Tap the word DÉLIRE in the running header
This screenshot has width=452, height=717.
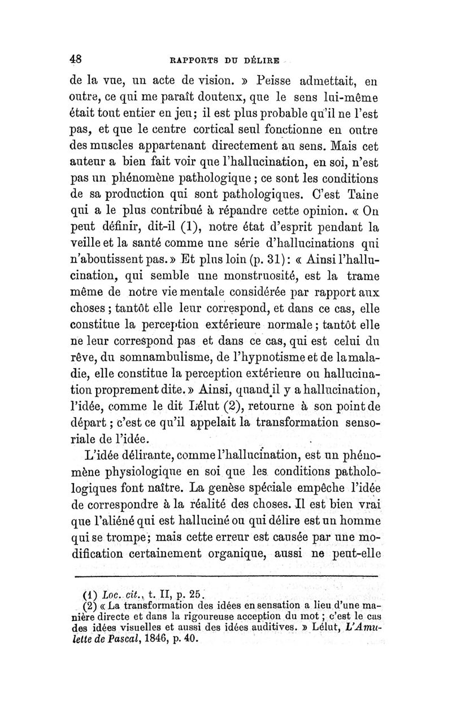tap(263, 59)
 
